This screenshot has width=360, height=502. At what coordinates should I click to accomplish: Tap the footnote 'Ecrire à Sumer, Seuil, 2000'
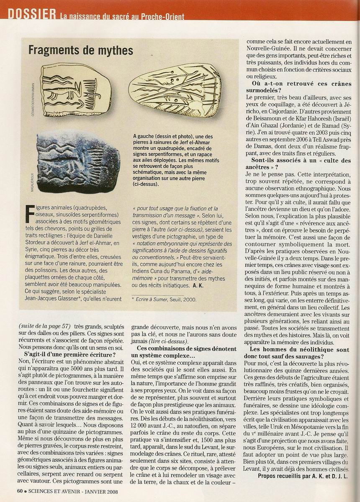pyautogui.click(x=163, y=299)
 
